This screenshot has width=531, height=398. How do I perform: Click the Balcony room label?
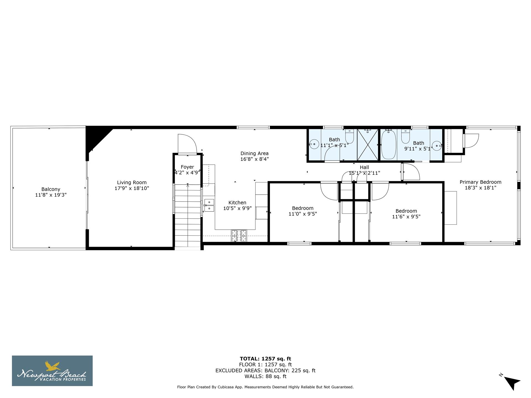(51, 189)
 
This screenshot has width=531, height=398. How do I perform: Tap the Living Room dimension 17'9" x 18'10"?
(132, 188)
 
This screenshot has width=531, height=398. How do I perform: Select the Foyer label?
(187, 167)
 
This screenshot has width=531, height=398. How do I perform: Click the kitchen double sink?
(209, 205)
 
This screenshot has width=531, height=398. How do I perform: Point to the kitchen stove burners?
(239, 235)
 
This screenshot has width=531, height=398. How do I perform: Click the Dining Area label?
(254, 153)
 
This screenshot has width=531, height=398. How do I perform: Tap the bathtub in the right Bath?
(389, 145)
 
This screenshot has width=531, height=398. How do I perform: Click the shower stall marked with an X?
(368, 145)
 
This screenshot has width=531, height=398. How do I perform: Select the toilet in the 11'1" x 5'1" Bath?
(350, 136)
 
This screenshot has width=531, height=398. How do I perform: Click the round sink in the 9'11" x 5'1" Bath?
(437, 146)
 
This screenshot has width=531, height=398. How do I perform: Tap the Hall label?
(364, 167)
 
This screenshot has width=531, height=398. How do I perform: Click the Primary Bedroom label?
(480, 182)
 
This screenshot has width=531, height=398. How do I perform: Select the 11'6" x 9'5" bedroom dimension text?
(406, 217)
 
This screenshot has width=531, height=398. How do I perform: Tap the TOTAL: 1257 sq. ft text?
(265, 359)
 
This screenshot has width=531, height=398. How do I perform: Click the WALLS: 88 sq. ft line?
(265, 376)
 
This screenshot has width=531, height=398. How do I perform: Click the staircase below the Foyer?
(188, 216)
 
